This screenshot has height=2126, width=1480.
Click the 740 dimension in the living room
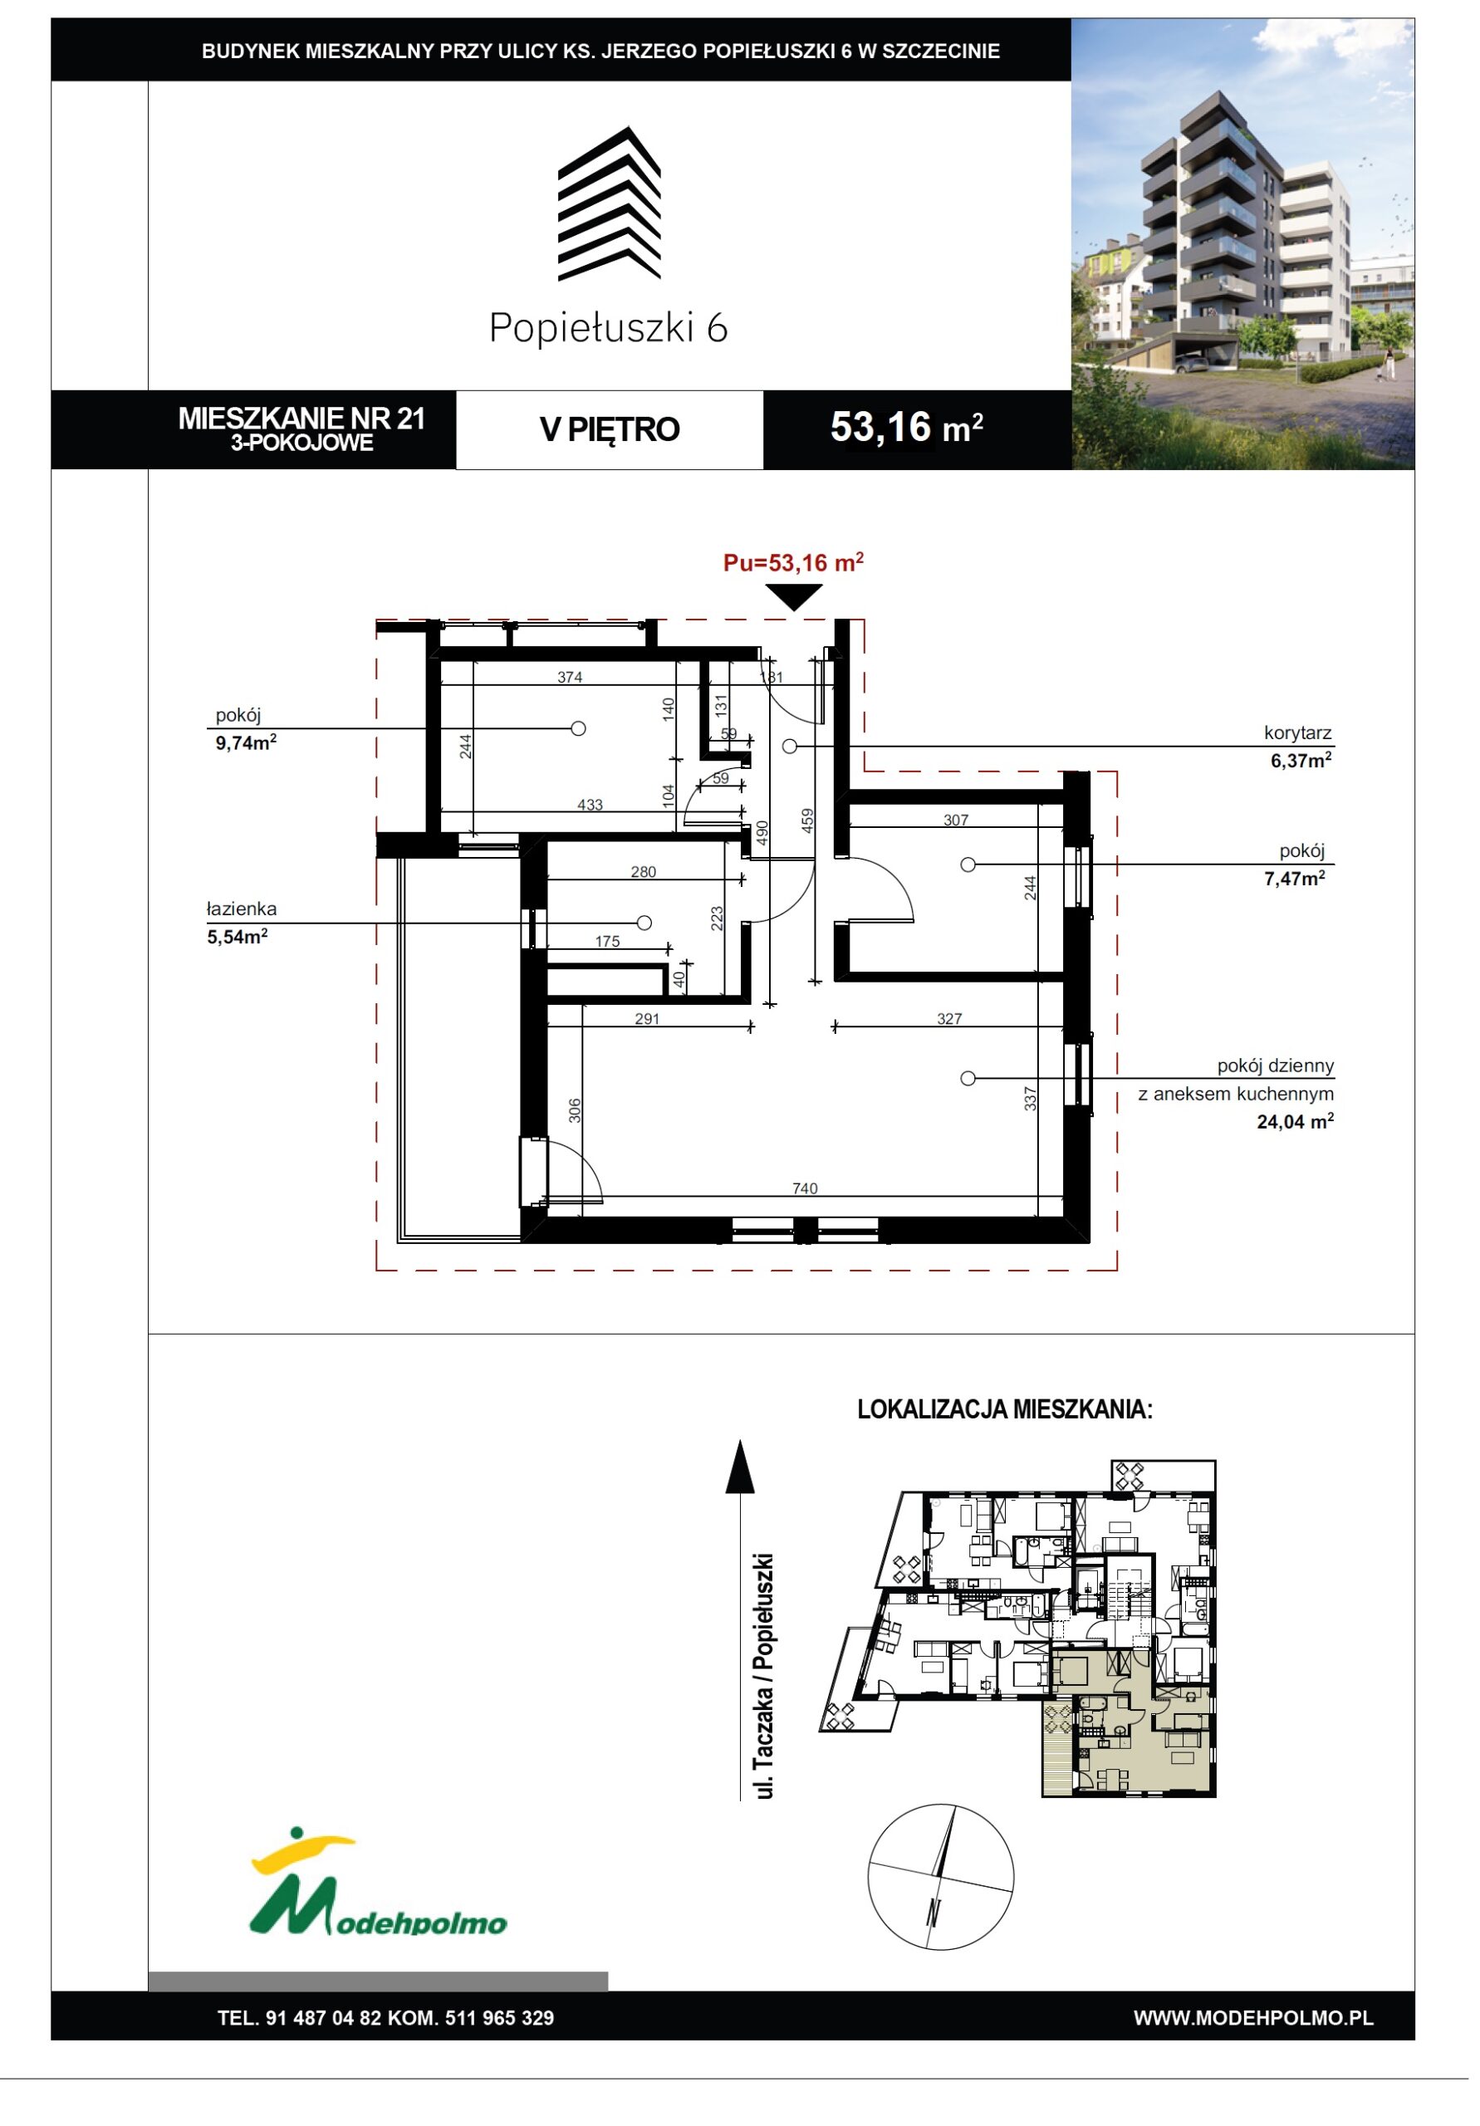[804, 1188]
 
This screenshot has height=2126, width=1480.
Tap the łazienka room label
[242, 909]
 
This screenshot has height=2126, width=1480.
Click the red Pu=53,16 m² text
[794, 562]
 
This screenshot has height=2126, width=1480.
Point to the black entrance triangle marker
[794, 598]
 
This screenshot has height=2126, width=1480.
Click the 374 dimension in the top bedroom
[570, 677]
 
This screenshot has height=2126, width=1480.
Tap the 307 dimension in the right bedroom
[956, 820]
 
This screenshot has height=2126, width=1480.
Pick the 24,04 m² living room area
[1295, 1121]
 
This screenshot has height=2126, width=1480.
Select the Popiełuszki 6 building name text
[609, 328]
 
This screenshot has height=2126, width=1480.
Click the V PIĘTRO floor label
[610, 429]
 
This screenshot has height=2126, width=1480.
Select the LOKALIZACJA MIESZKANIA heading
[1005, 1409]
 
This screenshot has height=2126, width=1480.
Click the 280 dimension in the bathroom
[643, 871]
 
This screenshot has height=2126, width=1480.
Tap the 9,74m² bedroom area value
[247, 742]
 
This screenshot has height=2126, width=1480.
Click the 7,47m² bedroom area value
[1295, 879]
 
